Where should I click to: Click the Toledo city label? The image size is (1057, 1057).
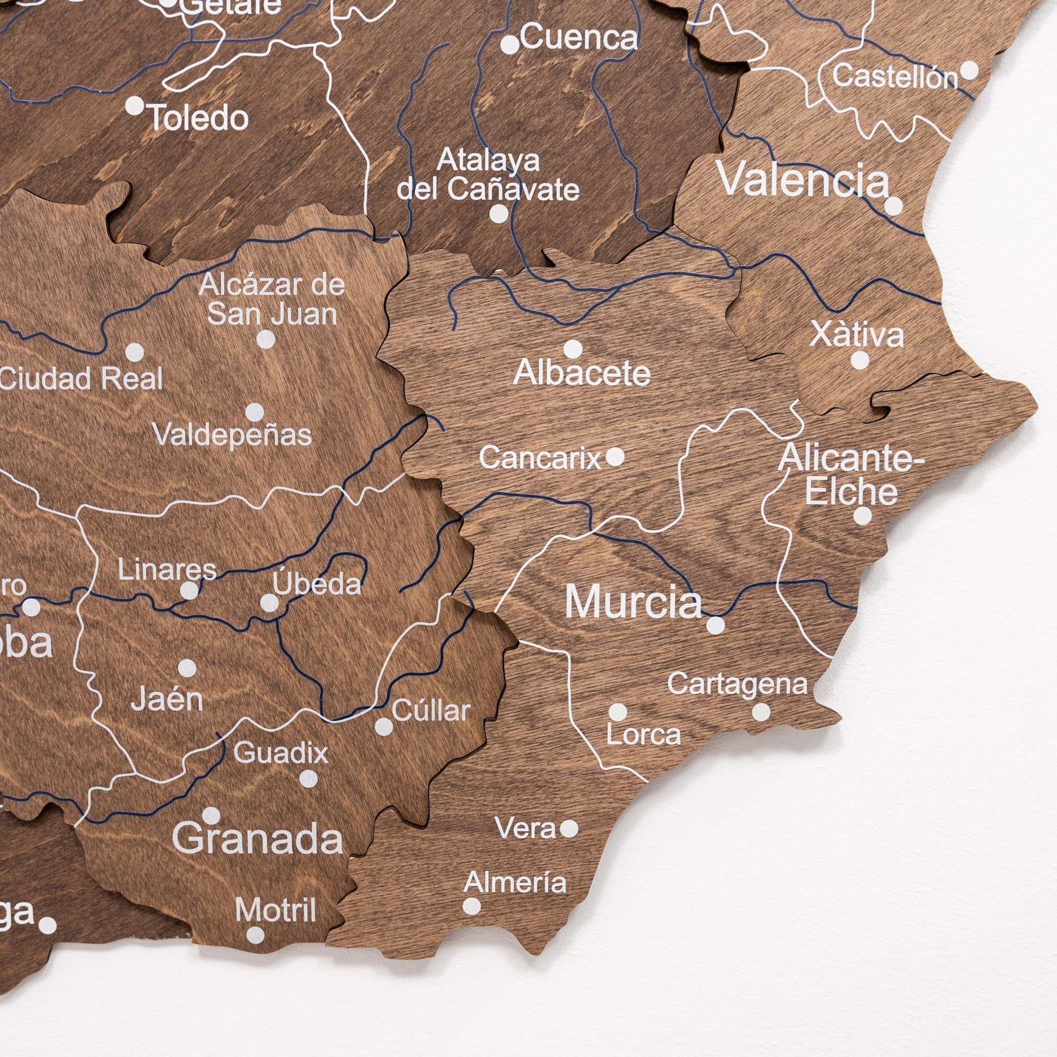199,118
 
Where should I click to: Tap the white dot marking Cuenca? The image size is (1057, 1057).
510,44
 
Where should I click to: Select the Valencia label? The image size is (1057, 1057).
803,180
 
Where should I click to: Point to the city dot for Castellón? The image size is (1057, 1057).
969,70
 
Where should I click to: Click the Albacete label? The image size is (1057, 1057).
582,374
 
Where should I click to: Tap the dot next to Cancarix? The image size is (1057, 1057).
615,456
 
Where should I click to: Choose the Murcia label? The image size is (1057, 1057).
633,602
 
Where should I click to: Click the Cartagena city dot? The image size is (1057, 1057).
761,712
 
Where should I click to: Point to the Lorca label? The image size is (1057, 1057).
643,735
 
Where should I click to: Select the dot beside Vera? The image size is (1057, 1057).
569,828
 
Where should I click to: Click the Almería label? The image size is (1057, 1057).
515,883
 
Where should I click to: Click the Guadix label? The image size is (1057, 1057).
281,753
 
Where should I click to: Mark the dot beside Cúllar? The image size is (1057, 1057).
384,727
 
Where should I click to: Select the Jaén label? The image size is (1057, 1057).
167,700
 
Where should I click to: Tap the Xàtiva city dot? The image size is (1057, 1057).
859,360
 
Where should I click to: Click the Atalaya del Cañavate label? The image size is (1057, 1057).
488,174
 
